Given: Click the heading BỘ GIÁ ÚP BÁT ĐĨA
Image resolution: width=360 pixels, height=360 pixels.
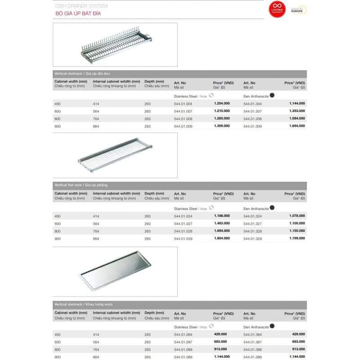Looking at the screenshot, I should point(72,14).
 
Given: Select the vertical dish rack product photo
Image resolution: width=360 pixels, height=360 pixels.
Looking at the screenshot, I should point(116,45).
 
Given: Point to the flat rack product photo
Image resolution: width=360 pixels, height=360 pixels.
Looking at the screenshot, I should point(116,155).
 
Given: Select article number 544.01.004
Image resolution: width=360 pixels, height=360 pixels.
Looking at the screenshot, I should point(183,103).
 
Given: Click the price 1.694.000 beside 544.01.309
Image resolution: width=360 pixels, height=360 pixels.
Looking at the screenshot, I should point(297,126).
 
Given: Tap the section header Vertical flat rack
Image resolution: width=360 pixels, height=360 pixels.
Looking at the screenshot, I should point(81,185).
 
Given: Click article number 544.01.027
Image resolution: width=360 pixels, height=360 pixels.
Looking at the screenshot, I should point(183,224).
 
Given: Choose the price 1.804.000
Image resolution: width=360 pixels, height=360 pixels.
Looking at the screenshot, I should point(222,238).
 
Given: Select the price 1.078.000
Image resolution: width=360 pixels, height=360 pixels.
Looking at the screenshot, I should point(297,216).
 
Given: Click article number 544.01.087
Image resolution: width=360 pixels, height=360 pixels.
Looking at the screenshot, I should point(183,342).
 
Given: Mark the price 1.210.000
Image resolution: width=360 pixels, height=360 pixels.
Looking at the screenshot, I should point(222,111).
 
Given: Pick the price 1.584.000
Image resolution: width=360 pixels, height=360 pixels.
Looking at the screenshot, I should point(297,118).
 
